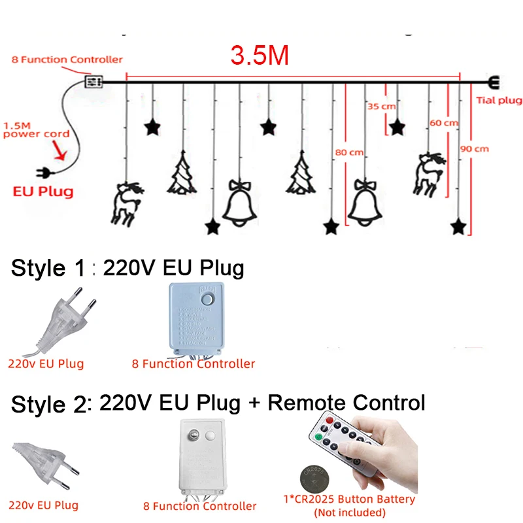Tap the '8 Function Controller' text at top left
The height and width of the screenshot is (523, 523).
click(x=67, y=59)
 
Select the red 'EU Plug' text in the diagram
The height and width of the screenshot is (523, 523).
click(x=43, y=192)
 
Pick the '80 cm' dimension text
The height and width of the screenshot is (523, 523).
click(x=348, y=152)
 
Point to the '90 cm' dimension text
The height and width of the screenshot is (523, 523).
click(x=475, y=148)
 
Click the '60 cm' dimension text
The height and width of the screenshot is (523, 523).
click(x=444, y=123)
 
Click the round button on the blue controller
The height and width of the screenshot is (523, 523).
click(x=209, y=299)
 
